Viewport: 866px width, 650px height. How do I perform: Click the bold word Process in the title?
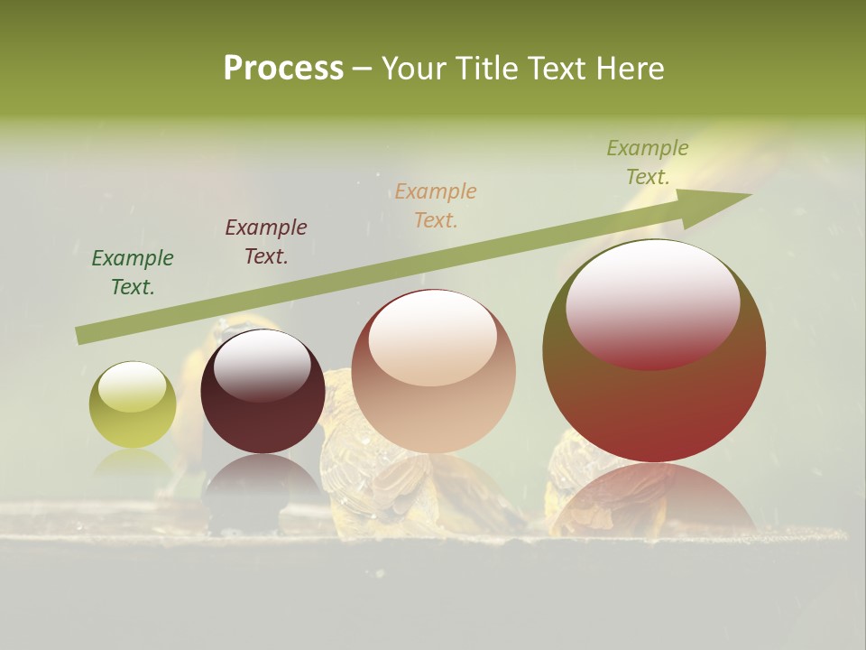pos(283,69)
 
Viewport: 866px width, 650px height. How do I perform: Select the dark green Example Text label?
pos(133,273)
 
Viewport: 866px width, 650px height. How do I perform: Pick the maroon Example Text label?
pos(266,242)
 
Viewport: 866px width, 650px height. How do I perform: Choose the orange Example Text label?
pos(436,206)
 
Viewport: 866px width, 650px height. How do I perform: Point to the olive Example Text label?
pos(648,162)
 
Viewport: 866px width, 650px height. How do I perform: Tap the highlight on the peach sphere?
pos(433,337)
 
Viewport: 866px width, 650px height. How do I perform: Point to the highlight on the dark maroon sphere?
pos(263,364)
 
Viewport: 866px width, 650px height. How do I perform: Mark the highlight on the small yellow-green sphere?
pos(133,387)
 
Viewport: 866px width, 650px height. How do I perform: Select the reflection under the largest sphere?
pos(654,497)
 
